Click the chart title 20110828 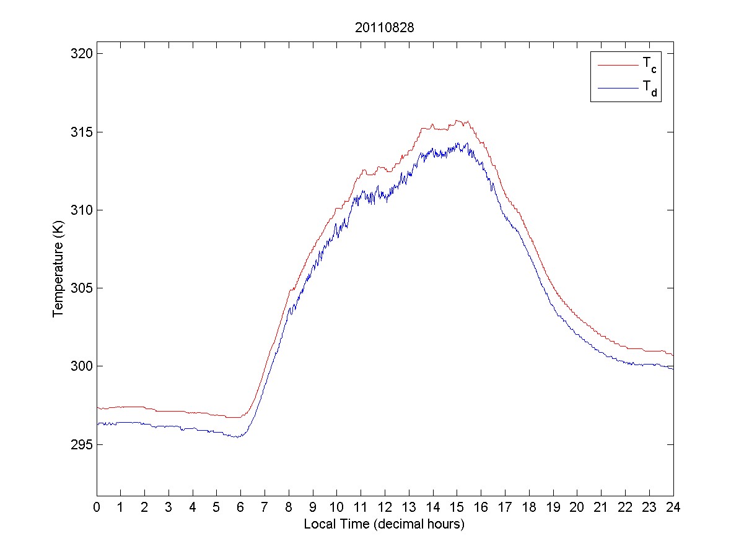(x=384, y=28)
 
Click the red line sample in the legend (x=617, y=64)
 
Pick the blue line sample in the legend (x=617, y=89)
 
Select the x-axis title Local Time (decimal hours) (x=384, y=524)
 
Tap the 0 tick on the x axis (x=97, y=507)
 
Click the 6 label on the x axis (x=240, y=507)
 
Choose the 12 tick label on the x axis (x=385, y=507)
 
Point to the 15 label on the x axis (x=457, y=507)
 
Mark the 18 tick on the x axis (x=529, y=507)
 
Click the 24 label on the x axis (x=673, y=507)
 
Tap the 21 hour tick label (x=601, y=507)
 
